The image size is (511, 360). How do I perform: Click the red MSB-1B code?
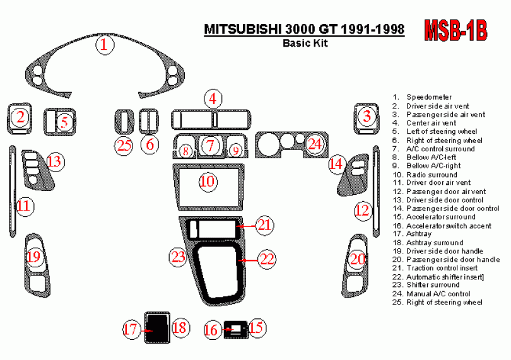click(455, 31)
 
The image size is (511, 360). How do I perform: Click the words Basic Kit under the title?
click(305, 44)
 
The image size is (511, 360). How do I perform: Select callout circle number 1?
click(105, 45)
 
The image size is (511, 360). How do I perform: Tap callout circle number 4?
click(213, 98)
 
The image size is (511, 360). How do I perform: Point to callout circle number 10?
click(208, 182)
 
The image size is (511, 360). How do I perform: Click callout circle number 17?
click(131, 328)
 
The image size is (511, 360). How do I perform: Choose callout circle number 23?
click(179, 257)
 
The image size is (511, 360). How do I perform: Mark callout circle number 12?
click(362, 210)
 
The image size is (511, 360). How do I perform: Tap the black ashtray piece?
click(154, 327)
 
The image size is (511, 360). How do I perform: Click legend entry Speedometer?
click(428, 97)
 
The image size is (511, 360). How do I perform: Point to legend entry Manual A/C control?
click(438, 294)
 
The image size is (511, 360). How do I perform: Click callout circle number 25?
click(123, 146)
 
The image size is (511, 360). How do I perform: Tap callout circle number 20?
click(358, 258)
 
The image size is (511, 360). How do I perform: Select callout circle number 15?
click(256, 327)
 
